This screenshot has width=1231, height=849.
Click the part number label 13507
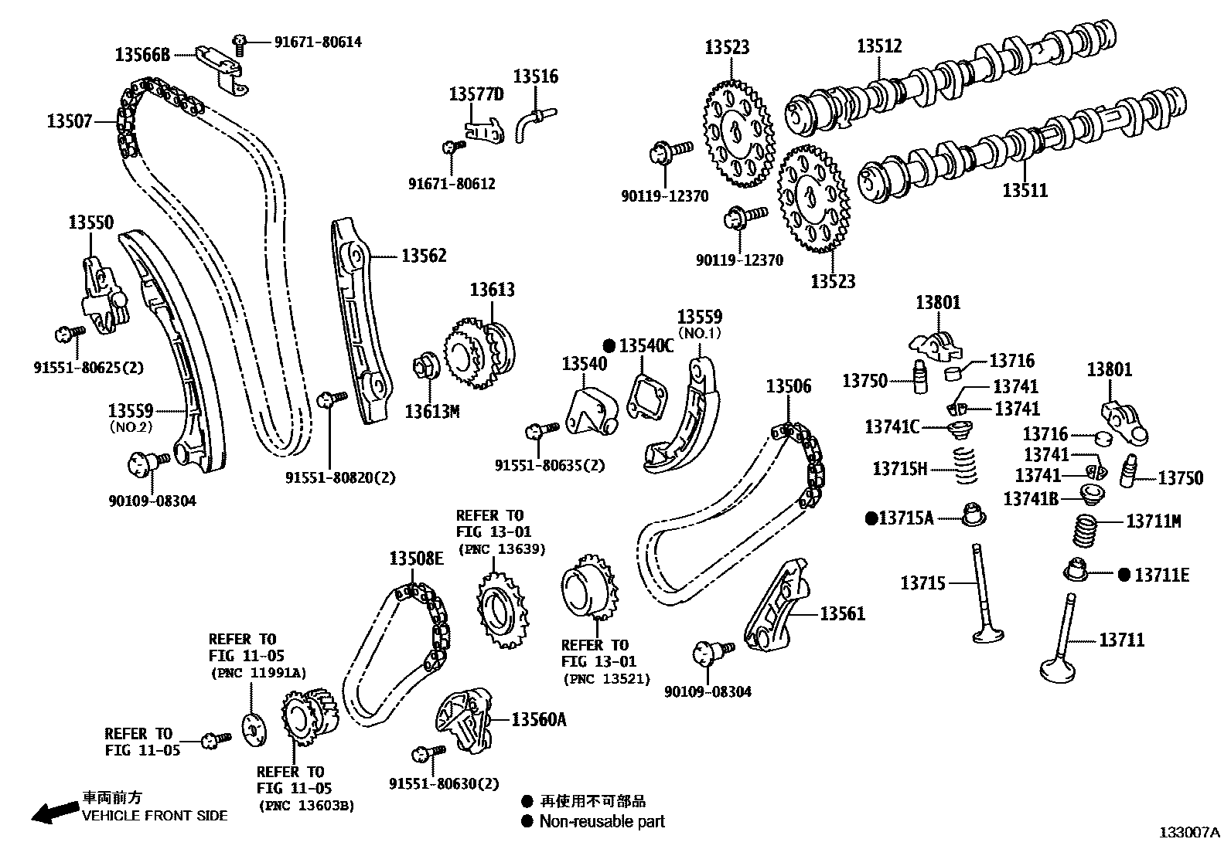[x=70, y=121]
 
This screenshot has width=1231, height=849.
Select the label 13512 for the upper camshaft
[x=879, y=46]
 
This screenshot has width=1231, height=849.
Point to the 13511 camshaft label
[x=1025, y=190]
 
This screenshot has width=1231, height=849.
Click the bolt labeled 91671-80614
[x=239, y=44]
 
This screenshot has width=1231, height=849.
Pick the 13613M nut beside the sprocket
[x=426, y=365]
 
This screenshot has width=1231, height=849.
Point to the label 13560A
[x=538, y=720]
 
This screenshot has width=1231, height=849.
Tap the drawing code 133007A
[x=1188, y=832]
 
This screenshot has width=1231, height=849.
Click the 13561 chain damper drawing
[x=776, y=607]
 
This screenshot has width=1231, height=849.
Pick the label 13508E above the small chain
[x=416, y=559]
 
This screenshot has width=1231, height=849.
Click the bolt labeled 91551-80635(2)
[x=541, y=430]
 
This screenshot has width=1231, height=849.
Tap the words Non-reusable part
[x=602, y=822]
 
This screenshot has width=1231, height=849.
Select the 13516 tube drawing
[x=534, y=121]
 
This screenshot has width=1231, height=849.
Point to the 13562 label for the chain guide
[x=424, y=256]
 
